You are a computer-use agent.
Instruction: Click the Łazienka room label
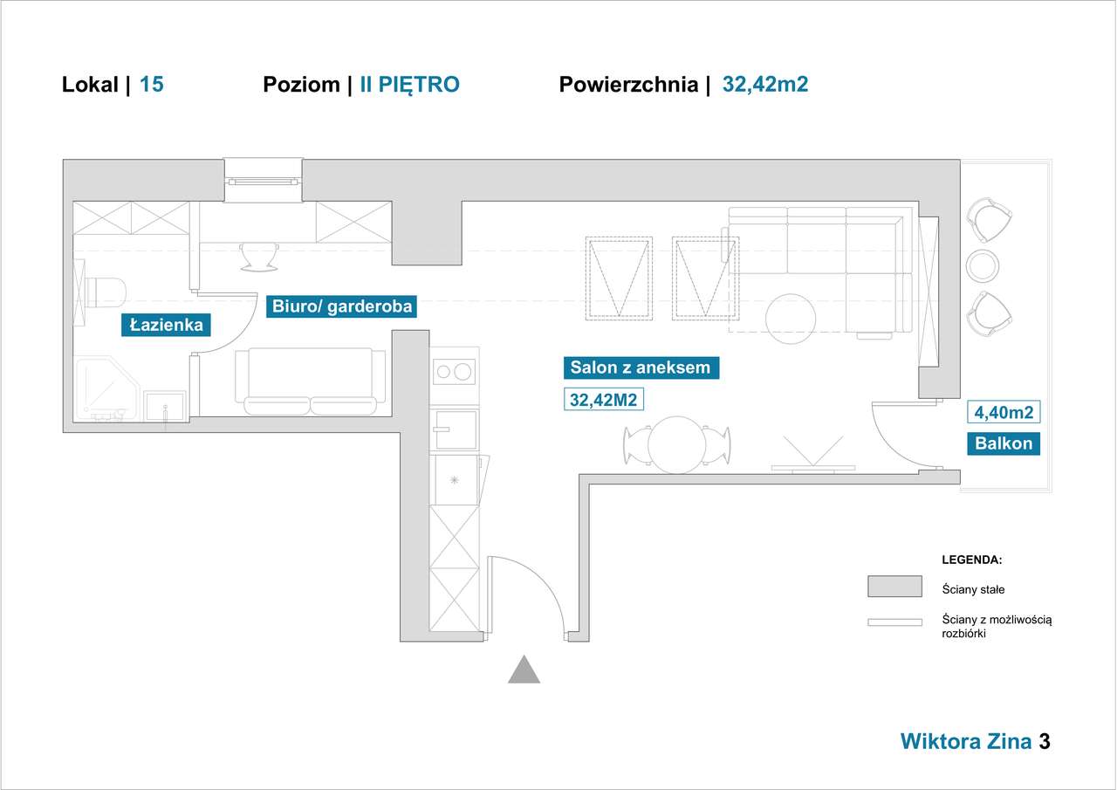click(166, 326)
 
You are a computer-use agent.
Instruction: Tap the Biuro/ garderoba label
click(341, 306)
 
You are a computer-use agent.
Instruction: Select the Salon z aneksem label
click(641, 368)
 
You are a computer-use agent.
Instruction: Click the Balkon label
click(1004, 443)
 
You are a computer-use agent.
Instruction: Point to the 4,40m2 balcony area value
click(1004, 412)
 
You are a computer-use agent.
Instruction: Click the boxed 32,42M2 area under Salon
click(604, 400)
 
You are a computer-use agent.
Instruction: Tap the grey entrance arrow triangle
click(524, 670)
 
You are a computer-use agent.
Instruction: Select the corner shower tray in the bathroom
click(106, 389)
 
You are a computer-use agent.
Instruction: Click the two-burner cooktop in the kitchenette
click(454, 372)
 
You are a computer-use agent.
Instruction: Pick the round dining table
click(676, 445)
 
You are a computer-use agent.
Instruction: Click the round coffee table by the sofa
click(791, 319)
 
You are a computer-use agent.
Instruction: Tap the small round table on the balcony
click(983, 266)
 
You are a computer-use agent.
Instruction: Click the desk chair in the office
click(259, 258)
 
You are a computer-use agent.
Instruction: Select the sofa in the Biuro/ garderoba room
click(310, 381)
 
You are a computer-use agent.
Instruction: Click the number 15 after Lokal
click(152, 85)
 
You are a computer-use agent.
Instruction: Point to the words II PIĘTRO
click(409, 85)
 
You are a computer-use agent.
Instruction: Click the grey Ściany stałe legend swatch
click(894, 586)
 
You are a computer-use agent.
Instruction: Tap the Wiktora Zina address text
click(966, 741)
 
